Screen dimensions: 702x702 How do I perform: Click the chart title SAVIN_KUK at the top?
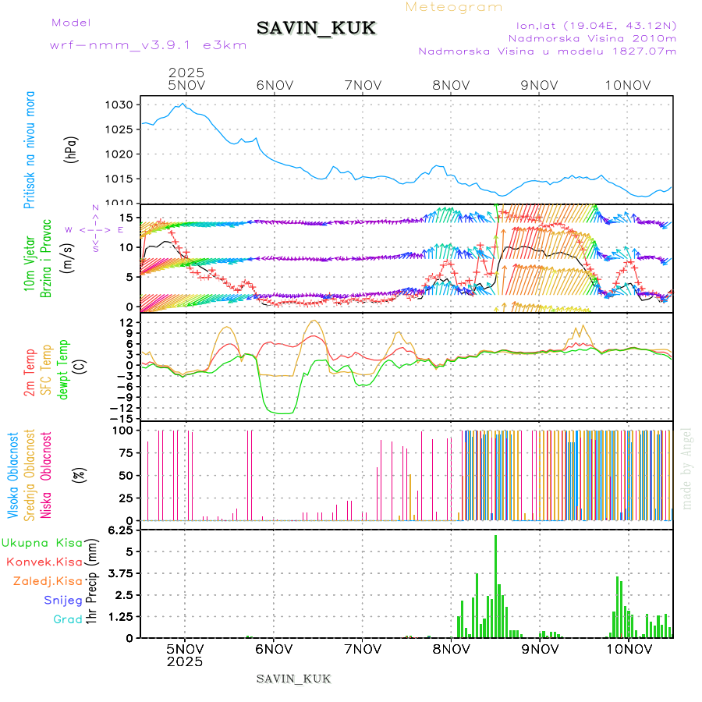pos(316,29)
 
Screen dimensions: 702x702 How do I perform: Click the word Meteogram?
pos(454,7)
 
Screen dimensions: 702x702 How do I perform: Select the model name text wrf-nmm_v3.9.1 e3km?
pos(148,45)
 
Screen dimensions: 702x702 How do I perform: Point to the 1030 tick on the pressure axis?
pos(126,105)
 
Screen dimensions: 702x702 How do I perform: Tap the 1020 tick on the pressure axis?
pos(126,154)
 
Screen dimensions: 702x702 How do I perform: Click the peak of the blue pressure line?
pos(183,103)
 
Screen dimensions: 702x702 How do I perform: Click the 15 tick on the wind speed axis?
pos(132,217)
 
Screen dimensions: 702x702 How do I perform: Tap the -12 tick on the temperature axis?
pos(126,408)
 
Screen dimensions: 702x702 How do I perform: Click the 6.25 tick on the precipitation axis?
pos(125,530)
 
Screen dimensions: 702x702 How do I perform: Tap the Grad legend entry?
pos(68,620)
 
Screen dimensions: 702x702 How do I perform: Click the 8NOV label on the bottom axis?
pos(451,649)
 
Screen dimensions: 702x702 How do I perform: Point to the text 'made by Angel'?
pos(687,468)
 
